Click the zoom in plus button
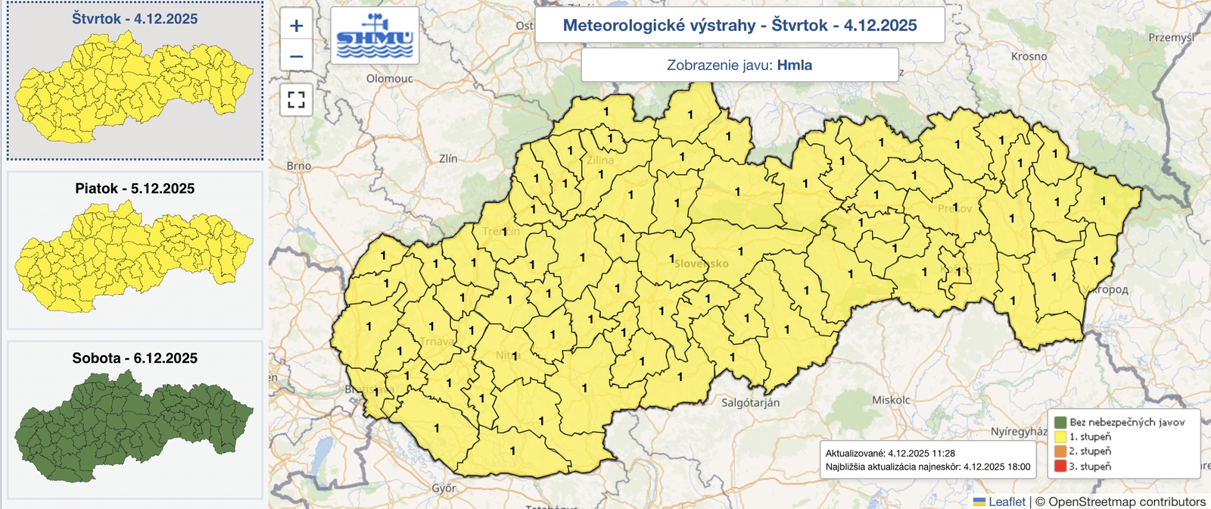click(x=296, y=26)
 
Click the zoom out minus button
click(x=296, y=56)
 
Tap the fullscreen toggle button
click(x=296, y=99)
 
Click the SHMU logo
click(x=375, y=36)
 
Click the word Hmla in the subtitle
click(x=795, y=65)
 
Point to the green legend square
click(x=1060, y=422)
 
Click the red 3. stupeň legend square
click(x=1060, y=466)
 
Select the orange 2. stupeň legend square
click(x=1060, y=451)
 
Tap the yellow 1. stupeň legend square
click(x=1060, y=436)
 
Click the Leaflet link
click(x=1007, y=501)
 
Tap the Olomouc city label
click(x=389, y=78)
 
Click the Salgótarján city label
click(x=750, y=403)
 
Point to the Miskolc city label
click(x=891, y=400)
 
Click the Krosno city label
click(x=1029, y=56)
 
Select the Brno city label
click(x=299, y=165)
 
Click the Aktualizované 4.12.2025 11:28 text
click(x=890, y=453)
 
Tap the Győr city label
click(x=444, y=489)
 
